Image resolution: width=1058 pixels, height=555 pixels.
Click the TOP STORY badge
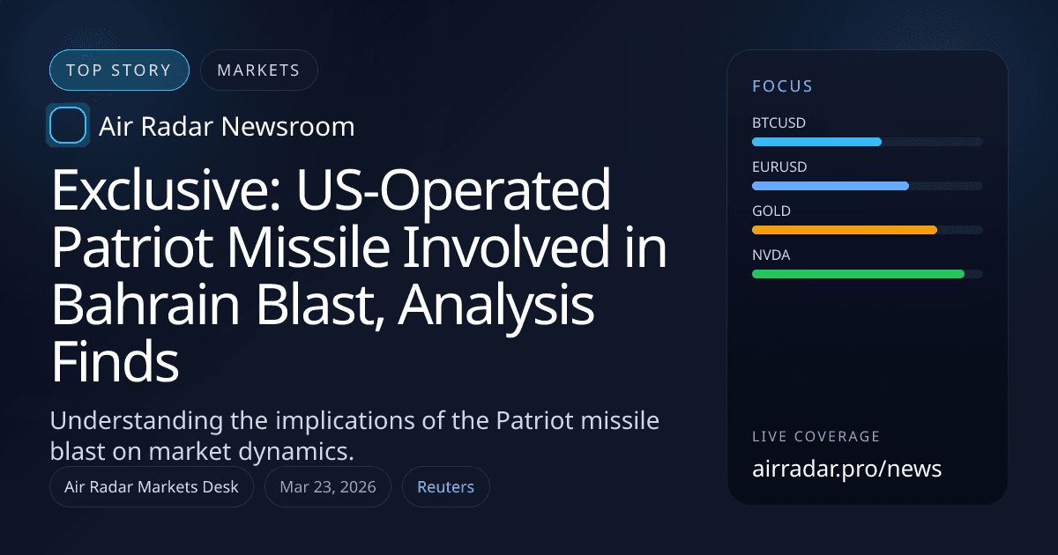click(x=119, y=70)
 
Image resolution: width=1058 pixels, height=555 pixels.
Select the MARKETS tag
click(x=258, y=70)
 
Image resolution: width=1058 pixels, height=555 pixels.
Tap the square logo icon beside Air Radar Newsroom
click(x=67, y=126)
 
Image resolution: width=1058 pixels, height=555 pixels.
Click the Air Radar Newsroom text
click(x=227, y=127)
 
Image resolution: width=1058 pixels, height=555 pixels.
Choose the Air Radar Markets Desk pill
click(x=152, y=487)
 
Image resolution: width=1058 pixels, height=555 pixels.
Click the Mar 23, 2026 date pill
click(x=327, y=487)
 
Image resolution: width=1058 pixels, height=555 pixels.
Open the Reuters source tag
click(x=445, y=487)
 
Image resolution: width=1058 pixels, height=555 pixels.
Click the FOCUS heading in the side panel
click(x=782, y=86)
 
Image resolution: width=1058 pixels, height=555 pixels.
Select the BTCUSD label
click(x=779, y=122)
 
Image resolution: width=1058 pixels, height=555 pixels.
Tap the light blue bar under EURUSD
click(x=830, y=186)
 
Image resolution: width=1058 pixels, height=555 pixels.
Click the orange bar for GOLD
click(x=844, y=230)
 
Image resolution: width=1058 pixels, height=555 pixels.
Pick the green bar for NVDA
click(x=857, y=274)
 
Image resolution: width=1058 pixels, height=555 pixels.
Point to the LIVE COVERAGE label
click(x=816, y=437)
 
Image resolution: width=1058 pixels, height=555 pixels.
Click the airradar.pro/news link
click(x=846, y=469)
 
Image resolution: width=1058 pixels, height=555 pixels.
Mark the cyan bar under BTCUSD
click(x=816, y=142)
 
